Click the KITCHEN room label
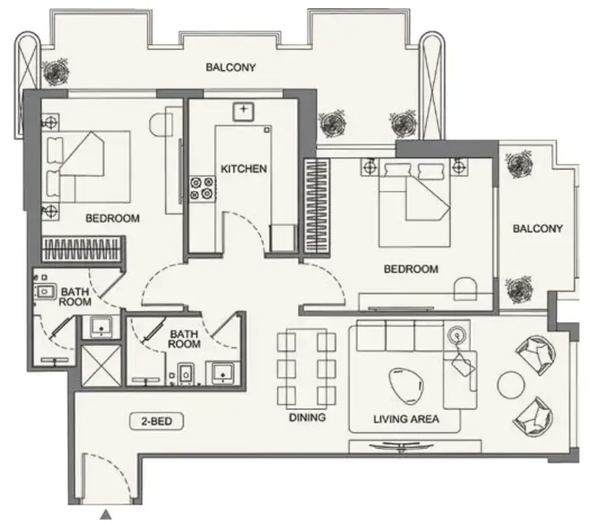coord(244,169)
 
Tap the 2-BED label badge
coord(156,421)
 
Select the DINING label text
coord(307,417)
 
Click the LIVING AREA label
coord(406,419)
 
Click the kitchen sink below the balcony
coord(243,111)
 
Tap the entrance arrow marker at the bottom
coord(106,515)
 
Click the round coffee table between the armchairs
coord(511,385)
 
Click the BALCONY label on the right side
coord(538,229)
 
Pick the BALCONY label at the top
coord(231,67)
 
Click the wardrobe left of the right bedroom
coord(316,205)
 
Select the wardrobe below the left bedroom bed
coord(82,249)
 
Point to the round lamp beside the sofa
coord(457,335)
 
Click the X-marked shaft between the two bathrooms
coord(101,365)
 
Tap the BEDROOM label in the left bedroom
coord(112,218)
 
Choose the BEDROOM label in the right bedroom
coord(411,269)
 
